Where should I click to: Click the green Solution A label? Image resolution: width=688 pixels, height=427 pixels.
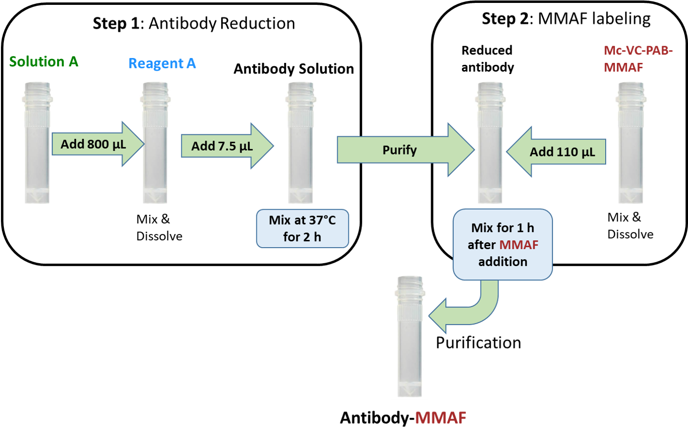click(x=43, y=62)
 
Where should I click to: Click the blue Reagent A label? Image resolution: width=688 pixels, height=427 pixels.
click(x=162, y=63)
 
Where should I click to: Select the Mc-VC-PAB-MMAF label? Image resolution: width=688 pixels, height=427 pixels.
click(x=638, y=59)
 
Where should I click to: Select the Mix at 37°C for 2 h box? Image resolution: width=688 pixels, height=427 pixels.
click(x=302, y=229)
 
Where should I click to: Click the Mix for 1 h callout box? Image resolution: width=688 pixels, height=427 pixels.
click(x=502, y=245)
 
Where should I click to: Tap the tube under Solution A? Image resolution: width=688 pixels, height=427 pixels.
click(x=37, y=142)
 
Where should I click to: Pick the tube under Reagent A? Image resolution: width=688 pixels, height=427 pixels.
click(x=154, y=142)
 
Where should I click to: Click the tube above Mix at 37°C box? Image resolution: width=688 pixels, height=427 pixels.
click(x=300, y=142)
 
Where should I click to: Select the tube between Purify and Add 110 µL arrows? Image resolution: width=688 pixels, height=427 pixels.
click(x=489, y=142)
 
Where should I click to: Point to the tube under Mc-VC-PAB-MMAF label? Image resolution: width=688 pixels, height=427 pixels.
click(x=630, y=142)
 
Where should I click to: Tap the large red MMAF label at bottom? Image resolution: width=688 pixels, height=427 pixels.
click(x=440, y=418)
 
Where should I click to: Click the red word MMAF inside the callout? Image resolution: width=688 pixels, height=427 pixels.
click(x=518, y=245)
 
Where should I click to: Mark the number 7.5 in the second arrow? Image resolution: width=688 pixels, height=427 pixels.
click(x=227, y=146)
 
